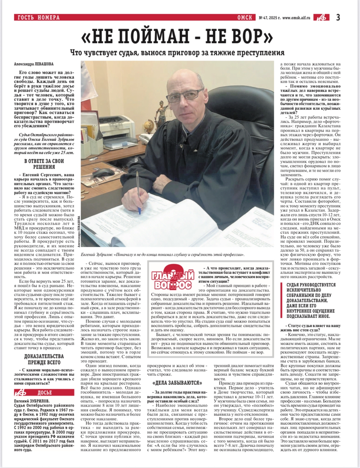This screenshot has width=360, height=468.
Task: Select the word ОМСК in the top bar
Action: click(246, 18)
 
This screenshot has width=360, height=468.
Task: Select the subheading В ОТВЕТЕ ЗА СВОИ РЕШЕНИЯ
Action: click(44, 164)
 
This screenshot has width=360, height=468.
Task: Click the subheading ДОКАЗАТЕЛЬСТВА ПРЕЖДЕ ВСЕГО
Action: click(44, 359)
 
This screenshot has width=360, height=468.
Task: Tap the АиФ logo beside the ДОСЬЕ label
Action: click(22, 393)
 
